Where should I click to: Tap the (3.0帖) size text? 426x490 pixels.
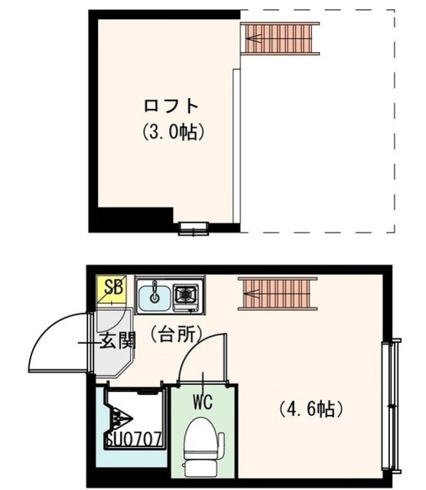coord(173,132)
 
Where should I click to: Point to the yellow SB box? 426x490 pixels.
coord(113,289)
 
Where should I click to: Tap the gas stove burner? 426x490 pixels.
coord(186,294)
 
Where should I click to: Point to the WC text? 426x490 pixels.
coord(202,400)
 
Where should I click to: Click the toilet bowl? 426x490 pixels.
coord(201,444)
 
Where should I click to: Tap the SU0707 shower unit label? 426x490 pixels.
coord(132,439)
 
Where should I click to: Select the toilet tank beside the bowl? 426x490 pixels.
coord(221,443)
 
